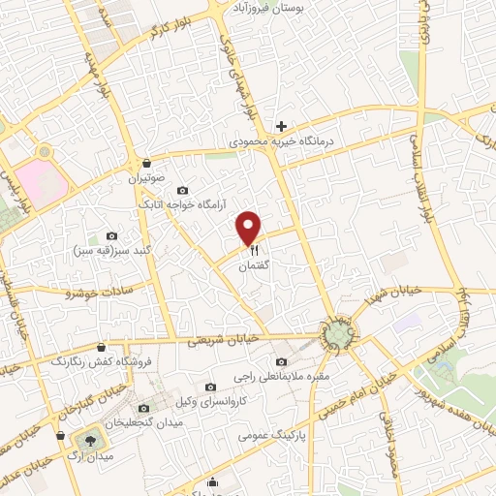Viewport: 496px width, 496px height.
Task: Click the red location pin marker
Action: [x=250, y=228]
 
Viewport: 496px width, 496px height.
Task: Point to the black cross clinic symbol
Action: [x=282, y=126]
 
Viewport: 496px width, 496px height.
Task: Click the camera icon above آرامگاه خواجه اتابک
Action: [x=183, y=190]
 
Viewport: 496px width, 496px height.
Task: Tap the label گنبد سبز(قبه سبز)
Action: [x=109, y=252]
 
